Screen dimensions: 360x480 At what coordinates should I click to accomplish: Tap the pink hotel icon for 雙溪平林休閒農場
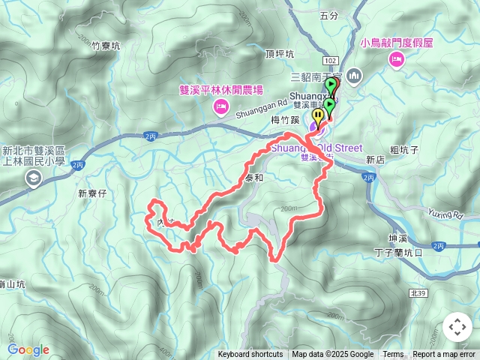(220, 107)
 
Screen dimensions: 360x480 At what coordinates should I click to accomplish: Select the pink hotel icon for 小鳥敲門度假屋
(395, 60)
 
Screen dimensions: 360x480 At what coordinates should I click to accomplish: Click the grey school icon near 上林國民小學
(33, 178)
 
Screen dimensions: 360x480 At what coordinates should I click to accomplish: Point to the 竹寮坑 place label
(105, 46)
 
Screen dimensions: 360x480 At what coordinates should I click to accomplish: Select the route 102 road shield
(330, 59)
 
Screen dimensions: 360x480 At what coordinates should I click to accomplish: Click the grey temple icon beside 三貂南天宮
(355, 75)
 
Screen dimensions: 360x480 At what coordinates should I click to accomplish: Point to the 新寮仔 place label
(93, 193)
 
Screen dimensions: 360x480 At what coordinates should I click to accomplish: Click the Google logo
(28, 349)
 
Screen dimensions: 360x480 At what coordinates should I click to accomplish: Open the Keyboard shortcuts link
(250, 355)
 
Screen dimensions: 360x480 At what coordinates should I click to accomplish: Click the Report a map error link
(444, 355)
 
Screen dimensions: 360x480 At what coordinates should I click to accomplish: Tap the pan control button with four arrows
(457, 327)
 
